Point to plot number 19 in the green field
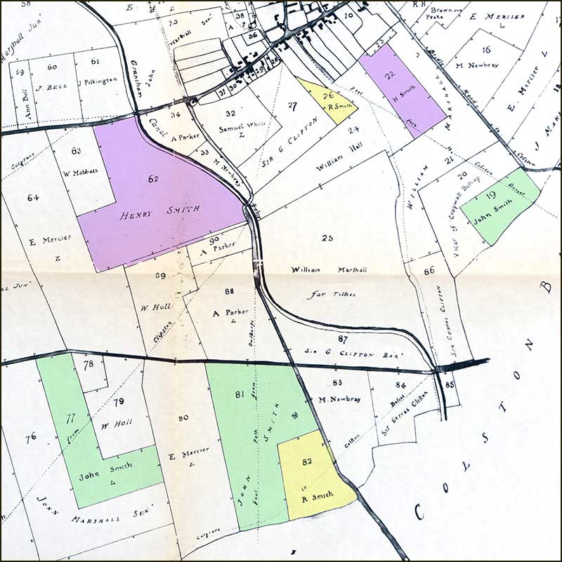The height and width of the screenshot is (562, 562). click(x=491, y=196)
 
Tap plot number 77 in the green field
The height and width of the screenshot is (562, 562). click(x=70, y=419)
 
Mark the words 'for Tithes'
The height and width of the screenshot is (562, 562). click(x=336, y=294)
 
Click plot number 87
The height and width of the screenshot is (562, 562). click(x=343, y=339)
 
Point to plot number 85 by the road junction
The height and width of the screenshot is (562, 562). click(x=450, y=384)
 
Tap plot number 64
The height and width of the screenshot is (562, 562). click(x=33, y=198)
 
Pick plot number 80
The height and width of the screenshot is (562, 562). click(x=183, y=418)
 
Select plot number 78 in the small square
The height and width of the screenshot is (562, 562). click(x=88, y=364)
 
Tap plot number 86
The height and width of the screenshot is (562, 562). click(x=429, y=269)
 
